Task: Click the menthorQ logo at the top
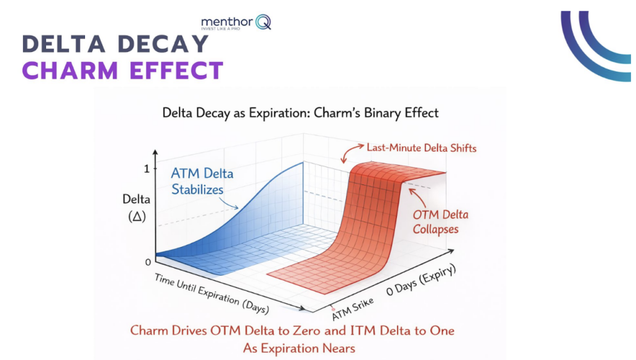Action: pyautogui.click(x=235, y=22)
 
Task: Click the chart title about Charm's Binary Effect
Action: pyautogui.click(x=300, y=113)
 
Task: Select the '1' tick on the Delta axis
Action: pyautogui.click(x=147, y=169)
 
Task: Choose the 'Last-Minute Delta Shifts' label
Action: pyautogui.click(x=421, y=148)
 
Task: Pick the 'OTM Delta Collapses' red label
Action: pyautogui.click(x=440, y=222)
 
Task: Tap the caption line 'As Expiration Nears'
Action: pyautogui.click(x=299, y=348)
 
